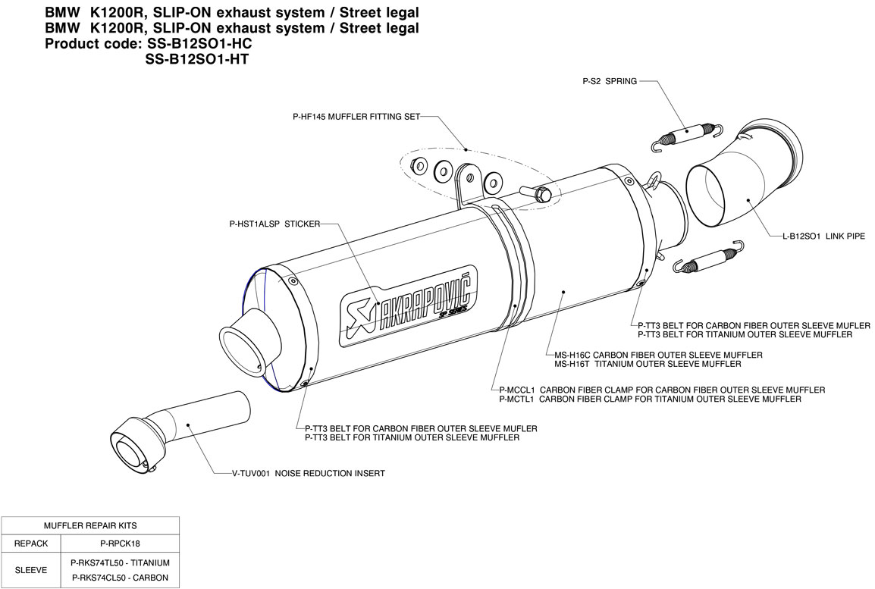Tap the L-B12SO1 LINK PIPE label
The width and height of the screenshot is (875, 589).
click(823, 237)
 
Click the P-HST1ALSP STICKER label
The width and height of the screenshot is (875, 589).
click(274, 224)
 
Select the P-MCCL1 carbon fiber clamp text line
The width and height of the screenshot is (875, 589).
click(662, 390)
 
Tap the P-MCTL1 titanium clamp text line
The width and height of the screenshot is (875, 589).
click(650, 399)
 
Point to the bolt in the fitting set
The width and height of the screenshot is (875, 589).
click(539, 194)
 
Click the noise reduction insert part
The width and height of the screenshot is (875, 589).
click(182, 433)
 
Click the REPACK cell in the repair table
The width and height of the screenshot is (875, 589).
click(31, 544)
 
